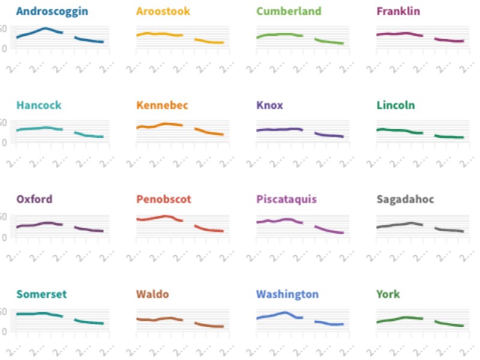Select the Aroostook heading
(163, 11)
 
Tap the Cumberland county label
(289, 11)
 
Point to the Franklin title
(398, 11)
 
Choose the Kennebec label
(162, 106)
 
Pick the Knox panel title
(269, 106)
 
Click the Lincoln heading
(395, 106)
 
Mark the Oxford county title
(34, 199)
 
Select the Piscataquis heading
(286, 199)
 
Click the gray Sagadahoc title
(406, 199)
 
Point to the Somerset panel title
(41, 294)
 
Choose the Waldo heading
(152, 294)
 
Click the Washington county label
(287, 294)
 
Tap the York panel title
(388, 294)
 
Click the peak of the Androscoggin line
(45, 28)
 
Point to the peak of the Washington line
(285, 312)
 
